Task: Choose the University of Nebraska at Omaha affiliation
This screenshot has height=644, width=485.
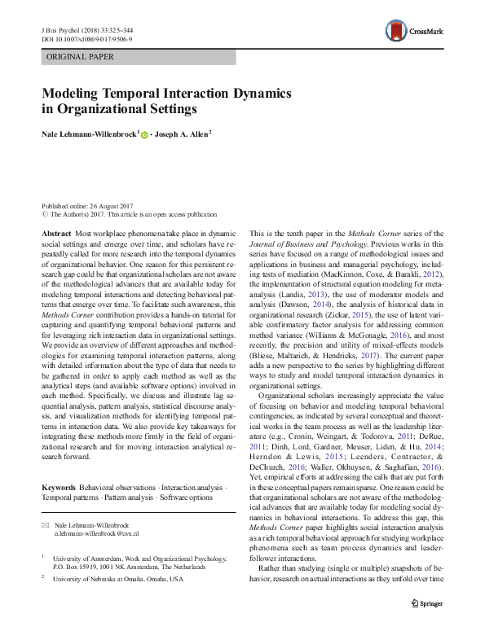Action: (x=119, y=579)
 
